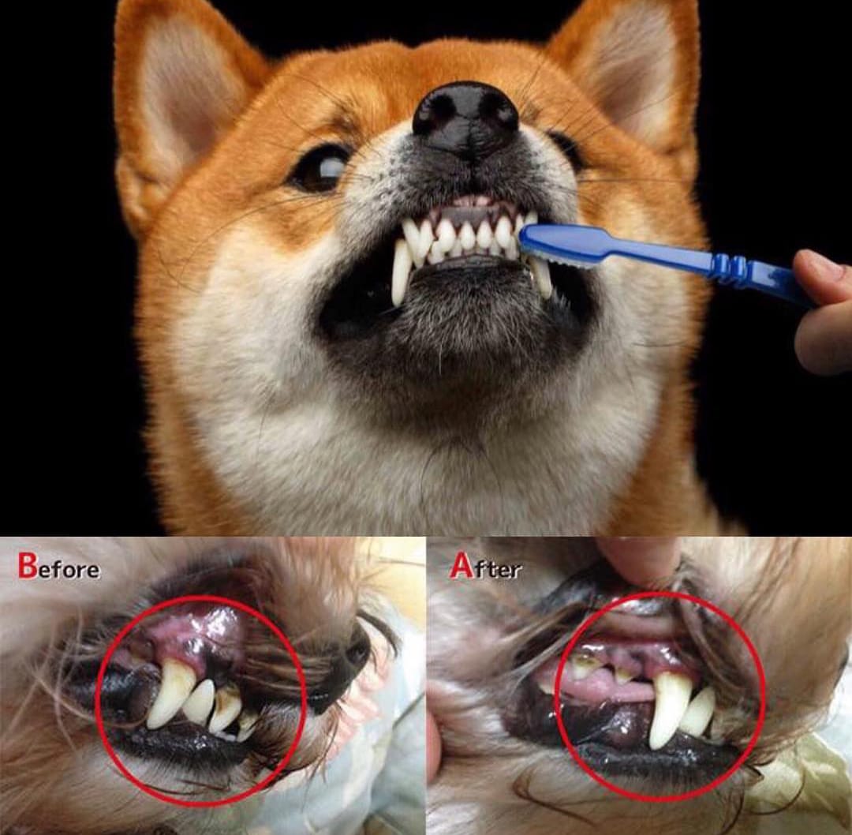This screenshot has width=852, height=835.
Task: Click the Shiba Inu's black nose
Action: (465, 118)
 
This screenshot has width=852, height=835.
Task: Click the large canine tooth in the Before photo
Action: (170, 693)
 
